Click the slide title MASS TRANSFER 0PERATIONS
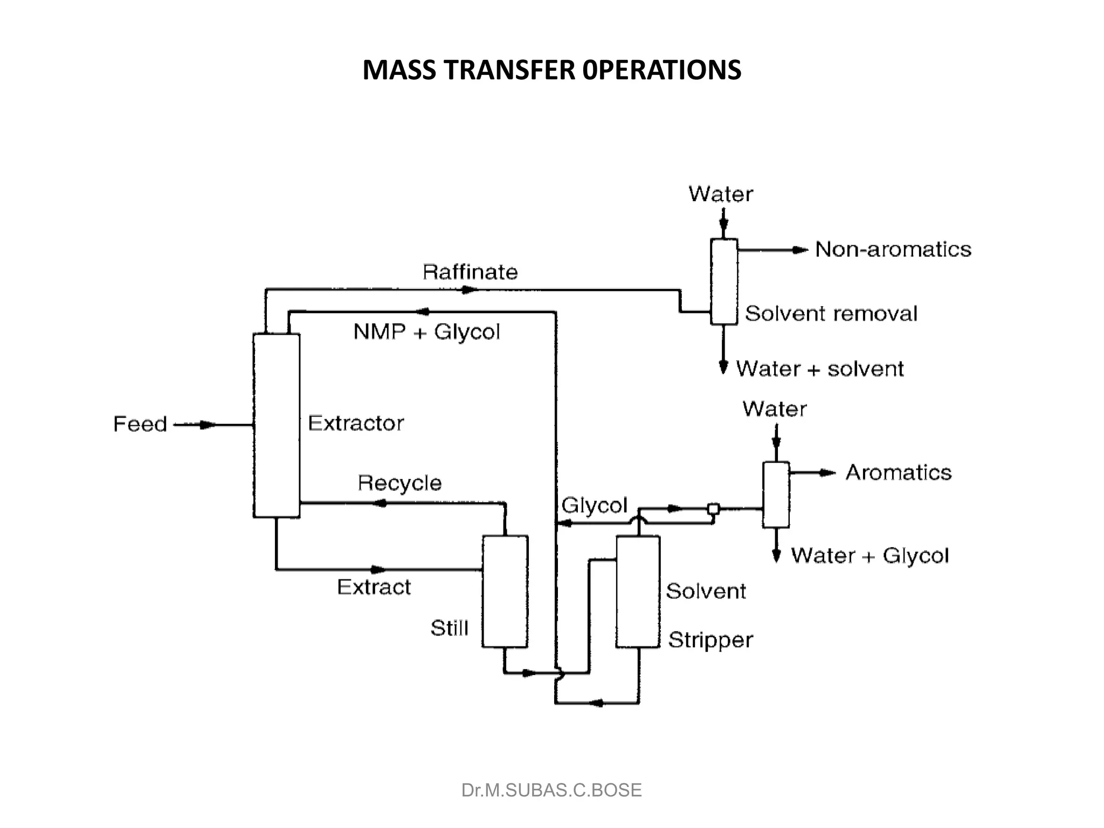coord(551,70)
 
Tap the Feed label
coord(140,424)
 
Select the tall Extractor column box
coord(277,425)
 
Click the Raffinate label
coord(470,272)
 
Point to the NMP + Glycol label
coord(426,332)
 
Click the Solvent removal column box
coord(723,282)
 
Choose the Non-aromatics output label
coord(893,250)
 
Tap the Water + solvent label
coord(819,369)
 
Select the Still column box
coord(505,591)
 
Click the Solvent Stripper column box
coord(638,591)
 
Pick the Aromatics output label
coord(898,473)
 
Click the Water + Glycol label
coord(870,556)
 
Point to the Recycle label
coord(399,483)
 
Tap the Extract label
coord(374,587)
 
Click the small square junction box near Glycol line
coord(713,508)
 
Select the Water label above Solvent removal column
coord(720,194)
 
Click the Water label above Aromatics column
coord(774,409)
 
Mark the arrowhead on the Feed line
coord(207,425)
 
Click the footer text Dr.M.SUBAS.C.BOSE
coord(551,790)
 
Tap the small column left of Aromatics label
coord(776,494)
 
